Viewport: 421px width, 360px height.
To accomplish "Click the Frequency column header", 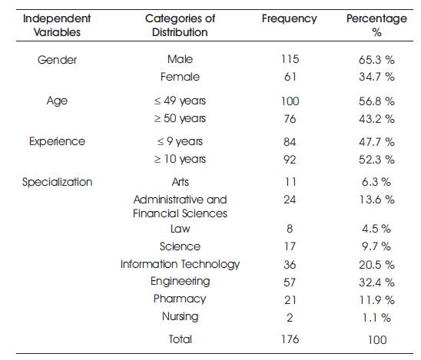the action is (x=290, y=19).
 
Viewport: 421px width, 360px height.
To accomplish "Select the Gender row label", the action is (x=57, y=60).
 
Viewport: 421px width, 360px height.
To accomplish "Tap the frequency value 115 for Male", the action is (x=290, y=59).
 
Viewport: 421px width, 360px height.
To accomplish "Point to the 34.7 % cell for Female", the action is (x=376, y=77).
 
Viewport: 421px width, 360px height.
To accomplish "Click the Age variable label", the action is (x=57, y=101).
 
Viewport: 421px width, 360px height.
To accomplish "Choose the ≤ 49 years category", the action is (x=180, y=101).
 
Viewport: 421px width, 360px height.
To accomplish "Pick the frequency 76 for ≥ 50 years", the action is (x=290, y=119).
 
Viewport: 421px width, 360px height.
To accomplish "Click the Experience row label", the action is (x=57, y=142).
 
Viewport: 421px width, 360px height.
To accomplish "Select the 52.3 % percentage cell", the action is (x=376, y=160).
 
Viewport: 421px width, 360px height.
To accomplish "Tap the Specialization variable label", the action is (x=57, y=183).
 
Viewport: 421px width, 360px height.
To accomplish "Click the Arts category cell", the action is (x=181, y=182).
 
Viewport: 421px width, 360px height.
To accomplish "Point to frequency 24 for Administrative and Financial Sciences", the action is (x=290, y=200).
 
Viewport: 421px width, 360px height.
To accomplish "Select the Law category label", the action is (x=181, y=229).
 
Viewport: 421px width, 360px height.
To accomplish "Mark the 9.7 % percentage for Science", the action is (x=376, y=246).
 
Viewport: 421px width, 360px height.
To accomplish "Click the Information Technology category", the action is (x=181, y=265).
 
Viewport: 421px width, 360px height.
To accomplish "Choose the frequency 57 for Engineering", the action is (x=290, y=282).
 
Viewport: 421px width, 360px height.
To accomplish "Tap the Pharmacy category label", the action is (x=180, y=299).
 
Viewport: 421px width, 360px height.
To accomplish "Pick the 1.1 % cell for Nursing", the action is (x=376, y=318).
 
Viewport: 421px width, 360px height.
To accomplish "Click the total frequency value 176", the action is (x=290, y=339).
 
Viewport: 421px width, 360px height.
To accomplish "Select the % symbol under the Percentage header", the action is (x=376, y=33).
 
